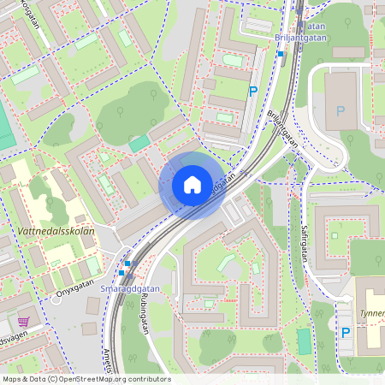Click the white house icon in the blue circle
point(192,185)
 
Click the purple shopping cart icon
point(23,323)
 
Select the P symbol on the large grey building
point(341,111)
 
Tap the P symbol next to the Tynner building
point(346,333)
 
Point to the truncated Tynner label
point(372,314)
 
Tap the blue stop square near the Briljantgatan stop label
point(280,53)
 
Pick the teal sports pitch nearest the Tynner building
point(305,341)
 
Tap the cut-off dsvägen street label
point(15,339)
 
